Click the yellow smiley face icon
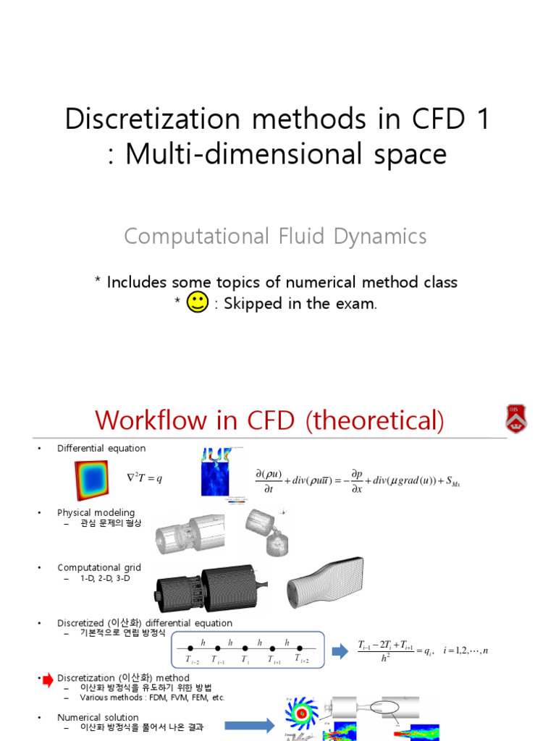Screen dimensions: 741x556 click(x=198, y=303)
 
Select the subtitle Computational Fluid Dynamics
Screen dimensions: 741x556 click(x=275, y=236)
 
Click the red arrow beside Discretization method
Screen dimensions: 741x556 click(x=48, y=679)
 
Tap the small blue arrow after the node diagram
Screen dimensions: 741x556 click(x=340, y=651)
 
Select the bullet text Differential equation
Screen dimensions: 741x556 click(x=101, y=449)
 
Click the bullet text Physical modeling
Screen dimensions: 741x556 click(x=96, y=512)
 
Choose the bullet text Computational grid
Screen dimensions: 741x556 click(x=99, y=567)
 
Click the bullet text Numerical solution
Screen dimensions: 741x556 click(x=98, y=717)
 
